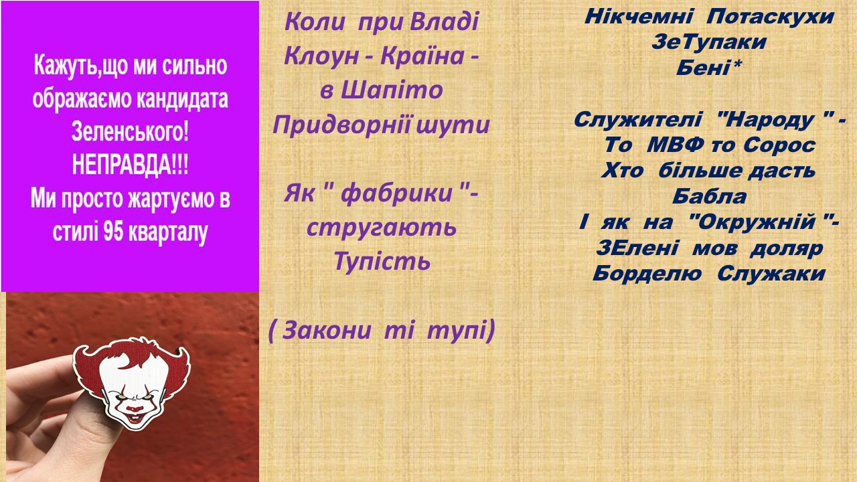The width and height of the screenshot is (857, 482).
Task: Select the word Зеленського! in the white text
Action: (130, 132)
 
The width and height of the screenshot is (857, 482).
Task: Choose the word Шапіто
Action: (391, 90)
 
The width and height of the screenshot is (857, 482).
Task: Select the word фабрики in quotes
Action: (396, 193)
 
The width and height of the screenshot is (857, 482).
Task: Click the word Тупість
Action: (382, 262)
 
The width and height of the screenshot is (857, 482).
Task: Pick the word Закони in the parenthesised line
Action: (327, 330)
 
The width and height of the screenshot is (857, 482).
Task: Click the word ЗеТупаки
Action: (709, 42)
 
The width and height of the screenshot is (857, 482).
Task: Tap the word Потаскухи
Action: (770, 17)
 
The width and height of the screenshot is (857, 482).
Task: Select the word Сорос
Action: (779, 146)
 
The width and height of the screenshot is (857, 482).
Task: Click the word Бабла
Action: (709, 197)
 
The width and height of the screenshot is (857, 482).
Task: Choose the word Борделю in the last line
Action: (647, 274)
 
